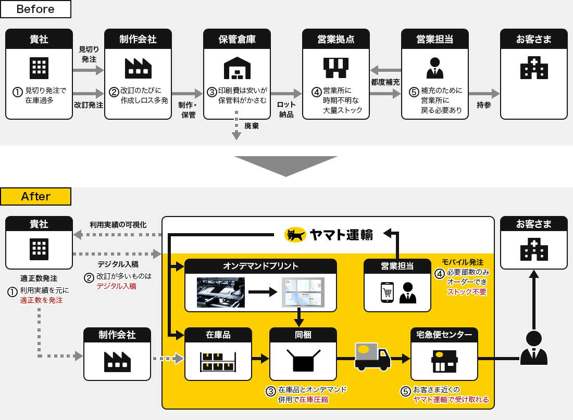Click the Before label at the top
(35, 9)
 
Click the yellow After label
(35, 196)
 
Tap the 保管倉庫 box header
(237, 39)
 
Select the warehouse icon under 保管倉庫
(237, 68)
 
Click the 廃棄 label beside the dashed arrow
(252, 125)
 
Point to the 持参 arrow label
(484, 105)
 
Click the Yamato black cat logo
(295, 235)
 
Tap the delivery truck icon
(372, 356)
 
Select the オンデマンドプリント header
(260, 266)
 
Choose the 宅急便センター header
(444, 335)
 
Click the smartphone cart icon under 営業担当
(387, 292)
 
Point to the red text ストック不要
(467, 292)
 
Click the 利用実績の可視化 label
(118, 225)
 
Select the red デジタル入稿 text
(116, 286)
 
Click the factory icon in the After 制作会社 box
(117, 361)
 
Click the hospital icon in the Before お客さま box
(534, 68)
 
